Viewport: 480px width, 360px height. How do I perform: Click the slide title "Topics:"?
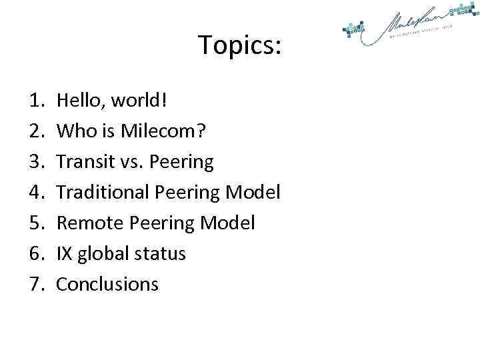point(240,46)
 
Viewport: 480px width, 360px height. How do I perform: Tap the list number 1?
point(35,101)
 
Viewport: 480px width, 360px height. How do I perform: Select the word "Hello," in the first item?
point(81,101)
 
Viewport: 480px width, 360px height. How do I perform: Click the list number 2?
point(35,131)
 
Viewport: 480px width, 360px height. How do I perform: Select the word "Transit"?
point(84,162)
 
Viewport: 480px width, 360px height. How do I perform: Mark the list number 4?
point(35,193)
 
